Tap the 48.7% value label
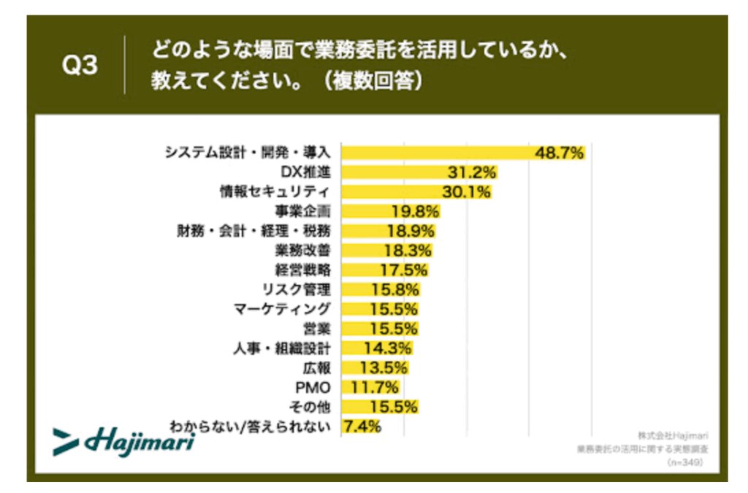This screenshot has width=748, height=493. click(x=560, y=153)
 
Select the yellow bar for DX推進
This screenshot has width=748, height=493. click(x=394, y=172)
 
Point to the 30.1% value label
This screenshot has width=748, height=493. click(x=466, y=192)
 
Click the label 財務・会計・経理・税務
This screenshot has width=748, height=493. click(x=253, y=232)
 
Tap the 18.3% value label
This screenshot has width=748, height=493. click(x=408, y=251)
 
